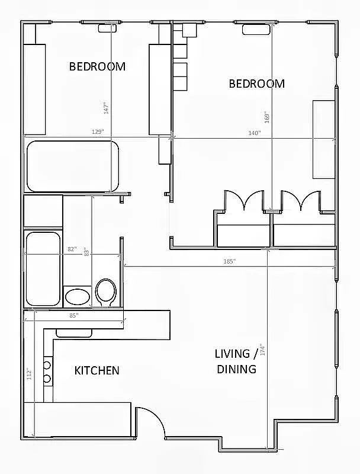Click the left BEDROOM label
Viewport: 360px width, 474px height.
[x=97, y=66]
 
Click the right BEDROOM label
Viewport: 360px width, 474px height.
[x=256, y=84]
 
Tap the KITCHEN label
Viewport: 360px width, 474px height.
[x=97, y=370]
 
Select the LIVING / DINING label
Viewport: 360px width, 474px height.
[x=236, y=361]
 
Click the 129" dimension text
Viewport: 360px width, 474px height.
[x=98, y=132]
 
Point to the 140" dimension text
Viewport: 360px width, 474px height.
[x=254, y=133]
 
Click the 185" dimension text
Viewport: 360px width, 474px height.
[x=230, y=261]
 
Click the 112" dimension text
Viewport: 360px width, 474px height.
[x=29, y=374]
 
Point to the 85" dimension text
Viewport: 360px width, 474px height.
[x=73, y=315]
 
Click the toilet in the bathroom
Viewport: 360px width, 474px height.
[x=106, y=292]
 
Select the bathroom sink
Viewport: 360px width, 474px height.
[x=77, y=296]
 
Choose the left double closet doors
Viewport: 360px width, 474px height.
[x=243, y=201]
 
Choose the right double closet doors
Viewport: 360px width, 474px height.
[x=301, y=201]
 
